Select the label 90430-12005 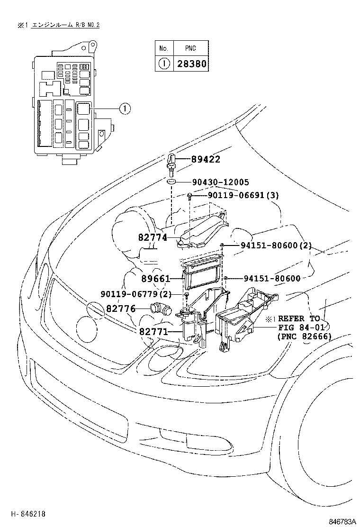pyautogui.click(x=221, y=182)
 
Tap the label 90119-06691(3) pyautogui.click(x=242, y=195)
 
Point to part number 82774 pyautogui.click(x=153, y=237)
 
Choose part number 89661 pyautogui.click(x=155, y=279)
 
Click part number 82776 pyautogui.click(x=120, y=309)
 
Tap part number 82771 pyautogui.click(x=153, y=331)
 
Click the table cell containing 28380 pyautogui.click(x=192, y=64)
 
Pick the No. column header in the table pyautogui.click(x=164, y=48)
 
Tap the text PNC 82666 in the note pyautogui.click(x=304, y=336)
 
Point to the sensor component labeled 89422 pyautogui.click(x=172, y=163)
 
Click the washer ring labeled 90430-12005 pyautogui.click(x=172, y=182)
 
